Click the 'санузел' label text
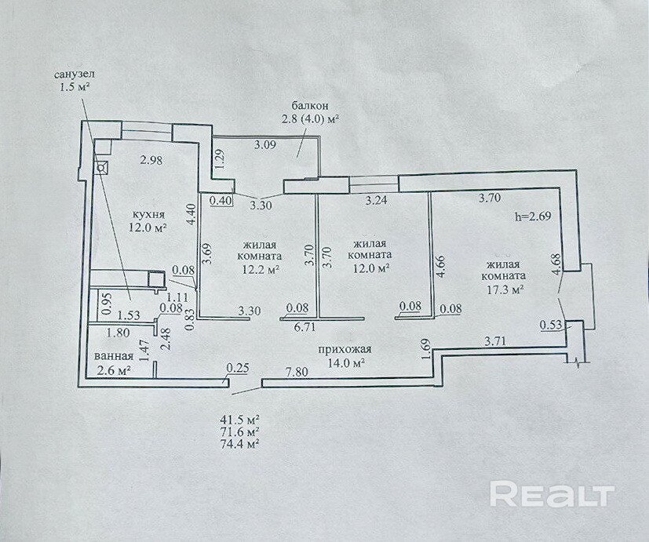pos(75,75)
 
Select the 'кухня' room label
pos(148,214)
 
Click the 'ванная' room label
pos(114,356)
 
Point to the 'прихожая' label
pos(345,350)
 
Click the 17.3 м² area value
pos(504,289)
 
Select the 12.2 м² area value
pos(260,269)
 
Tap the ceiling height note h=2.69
pos(533,216)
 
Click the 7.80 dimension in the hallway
pos(297,372)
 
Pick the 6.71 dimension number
pos(304,327)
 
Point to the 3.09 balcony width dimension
pos(265,145)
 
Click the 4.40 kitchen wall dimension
pos(191,214)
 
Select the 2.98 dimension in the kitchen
pos(151,160)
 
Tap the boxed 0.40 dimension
pos(221,201)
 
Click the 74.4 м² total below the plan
pos(240,444)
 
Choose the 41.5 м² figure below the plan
pos(240,420)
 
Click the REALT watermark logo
pos(552,493)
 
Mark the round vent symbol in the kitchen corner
pos(100,168)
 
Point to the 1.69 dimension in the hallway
pos(428,350)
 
